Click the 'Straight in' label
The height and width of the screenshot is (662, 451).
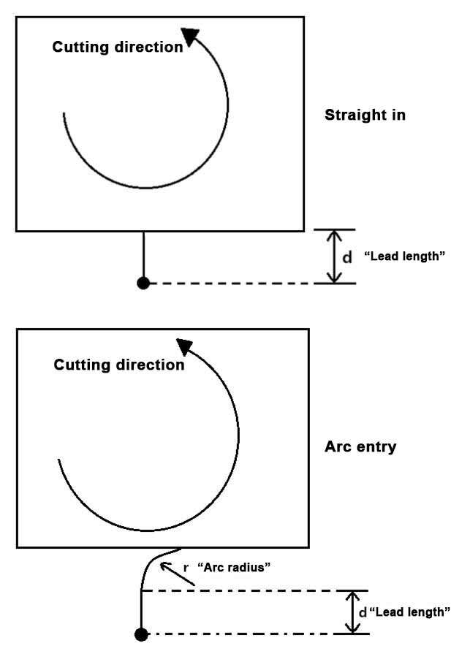(x=365, y=115)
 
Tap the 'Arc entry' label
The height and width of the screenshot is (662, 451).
(x=360, y=446)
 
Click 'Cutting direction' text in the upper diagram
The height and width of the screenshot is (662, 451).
(x=117, y=47)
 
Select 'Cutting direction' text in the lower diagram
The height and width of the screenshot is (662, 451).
(x=119, y=365)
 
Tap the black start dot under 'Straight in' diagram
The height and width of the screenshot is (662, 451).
(x=143, y=283)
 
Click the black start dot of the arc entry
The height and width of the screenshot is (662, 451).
(x=142, y=634)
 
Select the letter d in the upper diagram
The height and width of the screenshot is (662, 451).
(x=347, y=257)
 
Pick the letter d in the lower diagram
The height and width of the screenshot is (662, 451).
(x=363, y=612)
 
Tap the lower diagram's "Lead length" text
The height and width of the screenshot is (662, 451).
(x=409, y=612)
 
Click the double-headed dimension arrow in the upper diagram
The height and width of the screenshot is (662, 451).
(x=334, y=256)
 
